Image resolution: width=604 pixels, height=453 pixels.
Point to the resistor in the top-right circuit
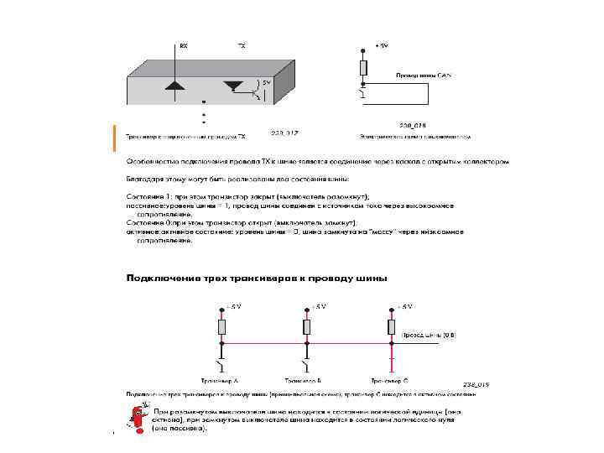point(362,67)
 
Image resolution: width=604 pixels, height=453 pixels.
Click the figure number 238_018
point(413,123)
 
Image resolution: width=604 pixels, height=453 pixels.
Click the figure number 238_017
point(285,133)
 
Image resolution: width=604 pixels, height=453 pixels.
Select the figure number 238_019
point(474,384)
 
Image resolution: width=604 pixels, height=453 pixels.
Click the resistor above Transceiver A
point(221,326)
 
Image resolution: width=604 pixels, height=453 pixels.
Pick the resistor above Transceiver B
point(307,326)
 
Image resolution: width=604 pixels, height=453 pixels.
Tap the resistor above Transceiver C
point(391,326)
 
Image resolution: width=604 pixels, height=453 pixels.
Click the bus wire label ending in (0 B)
point(428,334)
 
